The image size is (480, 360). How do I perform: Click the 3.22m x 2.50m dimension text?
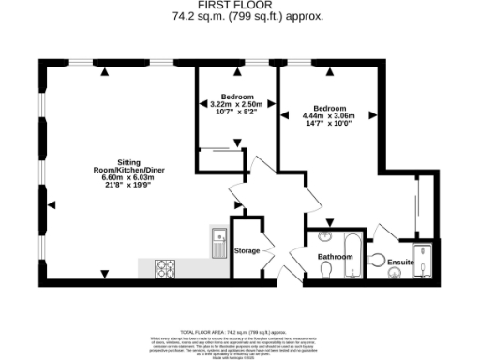point(235,104)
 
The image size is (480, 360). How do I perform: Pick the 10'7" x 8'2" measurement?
point(235,112)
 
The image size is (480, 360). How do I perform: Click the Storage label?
point(247,251)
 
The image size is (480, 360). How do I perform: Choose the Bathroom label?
point(334,256)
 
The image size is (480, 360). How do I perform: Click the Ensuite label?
point(401,262)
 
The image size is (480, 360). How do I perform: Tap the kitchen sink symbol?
point(217,244)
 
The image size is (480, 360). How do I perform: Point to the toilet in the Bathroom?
point(325,270)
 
